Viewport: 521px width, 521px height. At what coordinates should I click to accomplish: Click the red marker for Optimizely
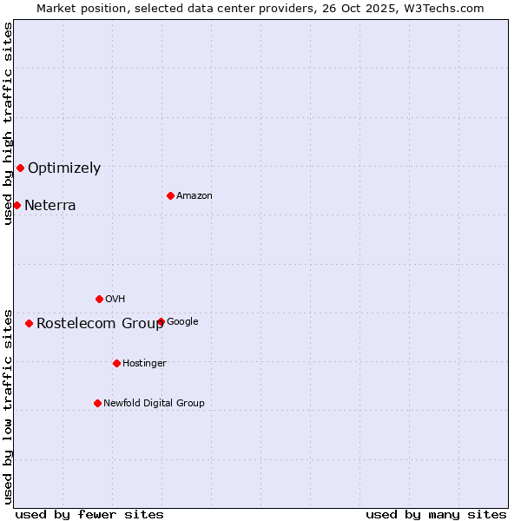tap(20, 168)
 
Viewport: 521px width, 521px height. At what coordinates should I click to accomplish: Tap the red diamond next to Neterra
tap(16, 205)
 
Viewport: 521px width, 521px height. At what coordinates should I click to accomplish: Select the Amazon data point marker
tap(170, 195)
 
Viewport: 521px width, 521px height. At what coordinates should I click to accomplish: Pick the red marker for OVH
tap(99, 299)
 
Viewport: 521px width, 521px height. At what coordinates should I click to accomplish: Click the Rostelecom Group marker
tap(29, 323)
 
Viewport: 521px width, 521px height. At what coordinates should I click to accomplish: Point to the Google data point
tap(162, 321)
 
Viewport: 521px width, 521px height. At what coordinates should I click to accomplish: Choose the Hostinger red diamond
tap(116, 363)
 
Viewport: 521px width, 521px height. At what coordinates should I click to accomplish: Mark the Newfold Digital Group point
tap(97, 403)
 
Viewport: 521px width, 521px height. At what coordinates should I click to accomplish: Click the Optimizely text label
tap(64, 168)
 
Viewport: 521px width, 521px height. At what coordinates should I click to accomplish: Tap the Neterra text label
tap(49, 206)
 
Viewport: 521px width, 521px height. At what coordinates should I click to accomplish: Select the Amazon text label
tap(195, 196)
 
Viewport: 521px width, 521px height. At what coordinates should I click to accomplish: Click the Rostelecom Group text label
tap(99, 324)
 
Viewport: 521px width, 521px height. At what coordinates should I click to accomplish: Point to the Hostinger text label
tap(144, 363)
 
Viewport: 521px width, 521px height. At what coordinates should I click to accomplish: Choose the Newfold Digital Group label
tap(154, 403)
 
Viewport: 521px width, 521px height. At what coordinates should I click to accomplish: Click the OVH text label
tap(115, 300)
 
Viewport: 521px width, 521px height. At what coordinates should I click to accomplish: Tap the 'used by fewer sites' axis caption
tap(89, 514)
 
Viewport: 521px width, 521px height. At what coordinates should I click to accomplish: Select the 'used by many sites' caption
tap(436, 514)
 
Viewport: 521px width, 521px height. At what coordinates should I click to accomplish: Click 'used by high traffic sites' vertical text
tap(8, 123)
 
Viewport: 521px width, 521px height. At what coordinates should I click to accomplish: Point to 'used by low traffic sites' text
tap(8, 406)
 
